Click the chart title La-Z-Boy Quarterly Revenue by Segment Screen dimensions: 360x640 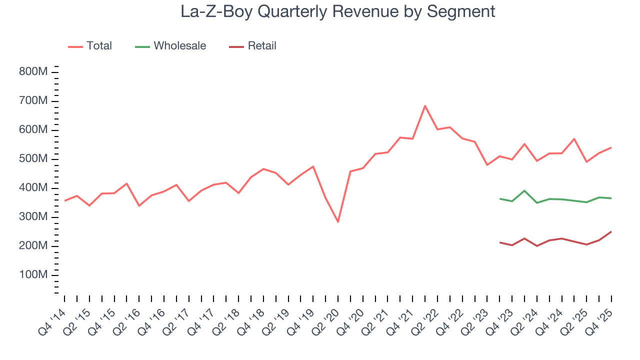tap(338, 11)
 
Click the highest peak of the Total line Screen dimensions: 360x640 tap(425, 105)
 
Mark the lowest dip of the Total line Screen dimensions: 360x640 tap(338, 221)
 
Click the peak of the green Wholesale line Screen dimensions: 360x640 tap(524, 190)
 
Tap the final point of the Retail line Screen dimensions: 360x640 tap(611, 231)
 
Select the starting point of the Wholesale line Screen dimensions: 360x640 tap(499, 198)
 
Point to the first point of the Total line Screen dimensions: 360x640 tap(65, 200)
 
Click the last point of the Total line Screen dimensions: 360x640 tap(611, 147)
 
